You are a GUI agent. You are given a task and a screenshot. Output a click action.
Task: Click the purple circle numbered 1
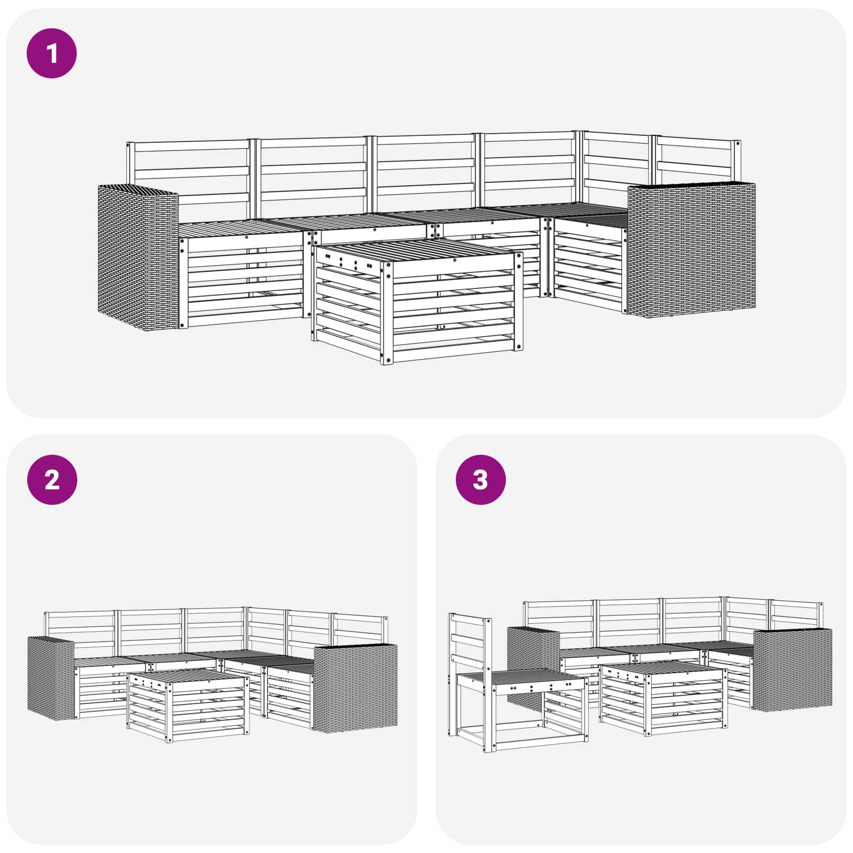click(52, 54)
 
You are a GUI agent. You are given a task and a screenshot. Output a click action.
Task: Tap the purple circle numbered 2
click(52, 480)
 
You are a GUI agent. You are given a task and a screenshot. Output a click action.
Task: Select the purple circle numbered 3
click(480, 480)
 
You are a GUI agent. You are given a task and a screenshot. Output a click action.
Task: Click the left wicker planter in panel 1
click(138, 256)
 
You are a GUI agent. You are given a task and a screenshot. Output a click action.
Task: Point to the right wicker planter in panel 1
click(691, 250)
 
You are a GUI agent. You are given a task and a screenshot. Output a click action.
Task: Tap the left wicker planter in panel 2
click(51, 677)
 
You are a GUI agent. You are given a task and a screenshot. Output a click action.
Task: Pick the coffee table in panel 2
click(188, 705)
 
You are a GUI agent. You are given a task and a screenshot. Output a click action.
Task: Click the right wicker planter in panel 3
click(792, 670)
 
